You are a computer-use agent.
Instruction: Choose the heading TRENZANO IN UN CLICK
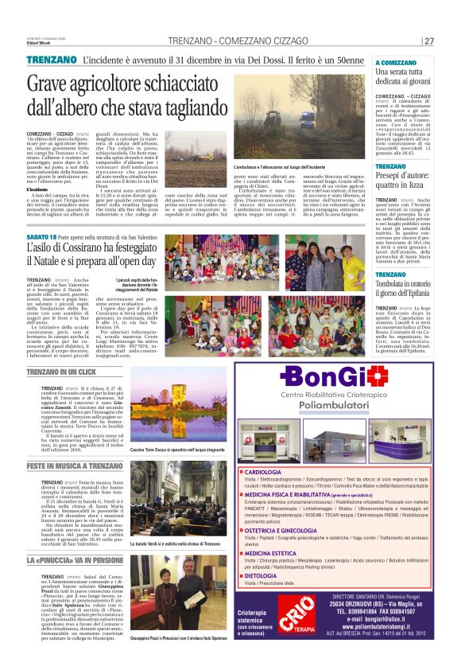tap(61, 372)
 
